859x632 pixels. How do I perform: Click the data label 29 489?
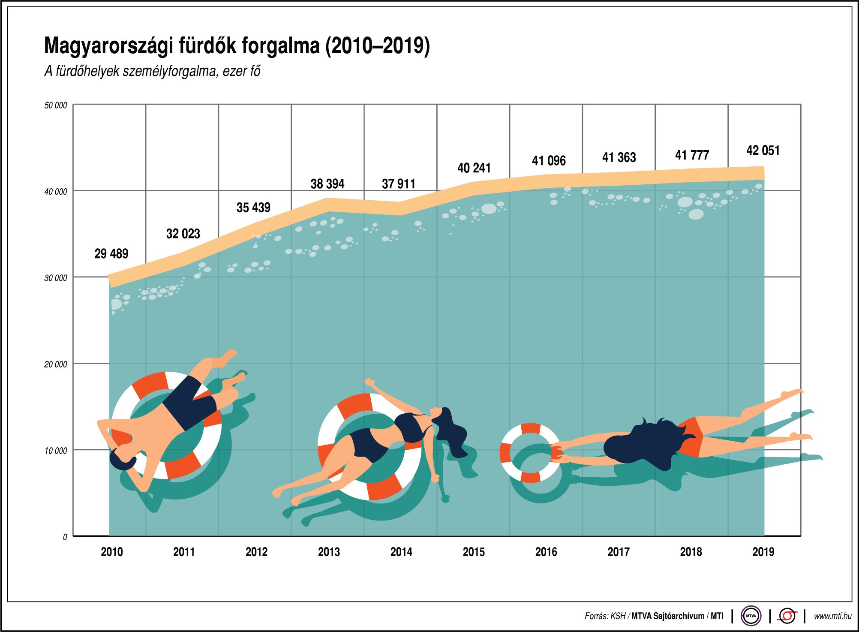point(111,253)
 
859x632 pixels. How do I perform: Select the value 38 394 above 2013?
point(327,184)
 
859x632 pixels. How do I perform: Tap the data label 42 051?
point(763,150)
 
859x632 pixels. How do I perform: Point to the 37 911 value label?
point(399,184)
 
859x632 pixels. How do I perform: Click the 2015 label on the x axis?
point(474,552)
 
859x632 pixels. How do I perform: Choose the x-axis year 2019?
point(763,552)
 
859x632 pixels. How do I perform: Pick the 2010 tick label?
point(112,552)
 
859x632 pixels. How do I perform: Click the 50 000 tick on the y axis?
point(56,105)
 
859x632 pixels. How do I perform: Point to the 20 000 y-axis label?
point(56,364)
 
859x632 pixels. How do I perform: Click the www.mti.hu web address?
point(832,616)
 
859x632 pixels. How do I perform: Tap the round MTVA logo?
point(751,616)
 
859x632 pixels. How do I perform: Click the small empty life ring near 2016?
point(531,453)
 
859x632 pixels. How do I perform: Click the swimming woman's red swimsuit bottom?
point(690,437)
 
